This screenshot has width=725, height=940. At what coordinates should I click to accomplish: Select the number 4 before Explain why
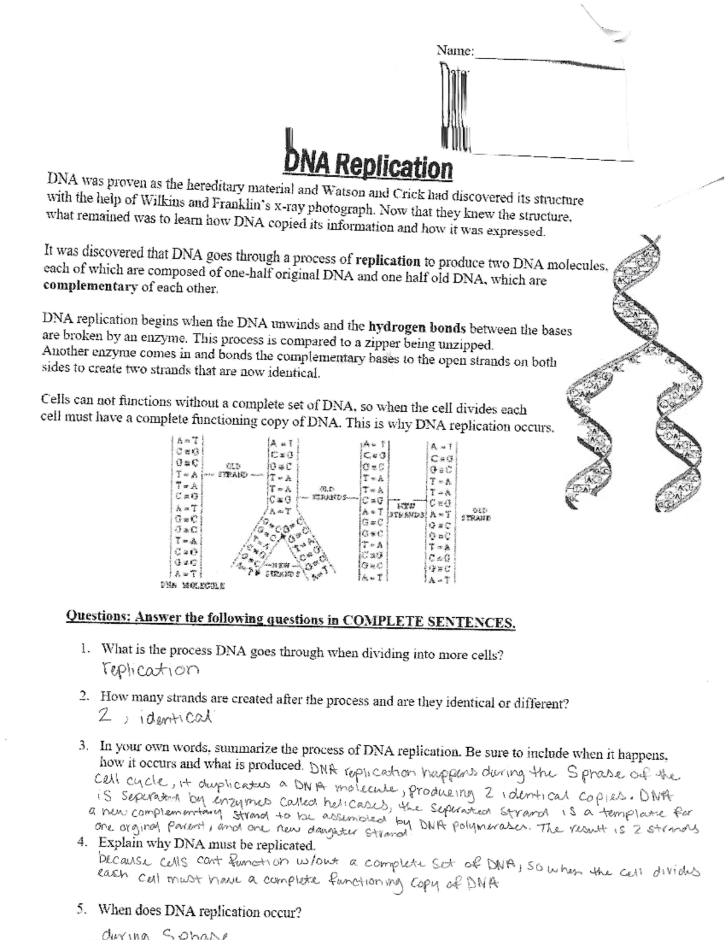click(x=83, y=842)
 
